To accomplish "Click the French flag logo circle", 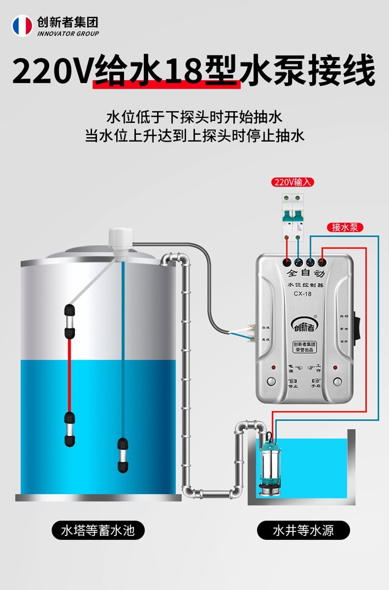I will [22, 25].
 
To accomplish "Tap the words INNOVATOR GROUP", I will [67, 34].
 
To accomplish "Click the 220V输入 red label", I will [293, 182].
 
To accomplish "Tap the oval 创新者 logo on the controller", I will [304, 325].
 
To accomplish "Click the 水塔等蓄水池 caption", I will [98, 530].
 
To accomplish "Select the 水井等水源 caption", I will [303, 530].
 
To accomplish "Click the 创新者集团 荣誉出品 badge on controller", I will [304, 347].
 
